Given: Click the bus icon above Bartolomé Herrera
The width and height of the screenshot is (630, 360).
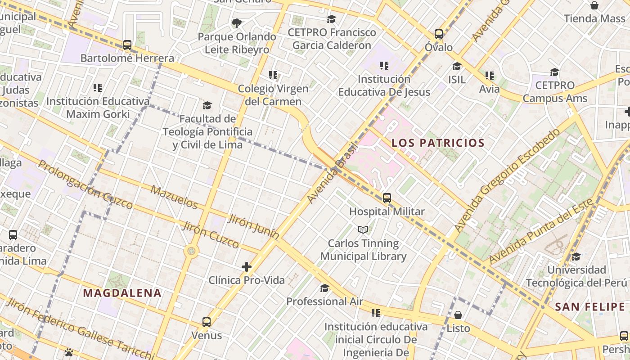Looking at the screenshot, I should point(127,45).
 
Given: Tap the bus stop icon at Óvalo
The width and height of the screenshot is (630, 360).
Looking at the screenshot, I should point(439,34).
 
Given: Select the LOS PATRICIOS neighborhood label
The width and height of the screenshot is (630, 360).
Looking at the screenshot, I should point(437,143).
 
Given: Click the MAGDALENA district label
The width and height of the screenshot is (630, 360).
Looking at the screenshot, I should point(122,293).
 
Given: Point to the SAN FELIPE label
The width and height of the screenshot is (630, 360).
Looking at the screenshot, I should point(589,307).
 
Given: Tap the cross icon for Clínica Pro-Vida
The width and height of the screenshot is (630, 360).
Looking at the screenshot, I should point(247,267).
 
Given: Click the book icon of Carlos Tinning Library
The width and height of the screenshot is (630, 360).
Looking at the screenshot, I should point(363,230).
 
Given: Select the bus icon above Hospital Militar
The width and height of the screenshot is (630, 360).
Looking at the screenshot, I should point(387,198).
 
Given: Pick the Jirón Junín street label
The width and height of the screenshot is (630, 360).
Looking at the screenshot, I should point(253,226).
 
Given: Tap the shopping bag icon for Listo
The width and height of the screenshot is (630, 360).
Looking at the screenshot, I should point(458,315).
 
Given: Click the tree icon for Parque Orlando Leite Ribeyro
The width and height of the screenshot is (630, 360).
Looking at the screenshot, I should point(237,23).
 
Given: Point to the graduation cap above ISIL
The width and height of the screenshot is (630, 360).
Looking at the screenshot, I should point(457,66).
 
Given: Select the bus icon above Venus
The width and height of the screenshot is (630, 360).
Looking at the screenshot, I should point(207,322).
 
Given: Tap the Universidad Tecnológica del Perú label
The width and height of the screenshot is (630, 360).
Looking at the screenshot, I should point(576,276).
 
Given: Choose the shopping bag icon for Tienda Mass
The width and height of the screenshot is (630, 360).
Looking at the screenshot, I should point(594,5).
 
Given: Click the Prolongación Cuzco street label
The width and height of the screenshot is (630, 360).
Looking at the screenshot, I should point(85,184).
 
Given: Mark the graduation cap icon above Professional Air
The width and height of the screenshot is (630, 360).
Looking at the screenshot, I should point(324,288).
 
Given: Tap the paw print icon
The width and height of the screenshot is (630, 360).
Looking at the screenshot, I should point(68,352).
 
